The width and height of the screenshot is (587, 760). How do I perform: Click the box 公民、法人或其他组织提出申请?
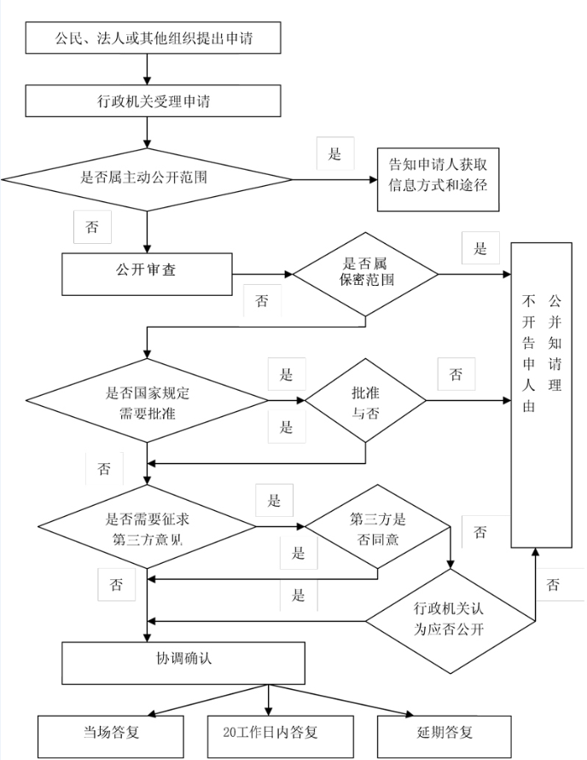[154, 38]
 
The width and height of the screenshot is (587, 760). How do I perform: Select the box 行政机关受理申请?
[154, 101]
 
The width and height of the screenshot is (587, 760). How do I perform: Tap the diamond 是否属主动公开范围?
[147, 179]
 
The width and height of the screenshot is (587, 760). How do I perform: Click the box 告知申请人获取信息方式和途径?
[439, 179]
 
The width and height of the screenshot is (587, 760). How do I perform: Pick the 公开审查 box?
[147, 274]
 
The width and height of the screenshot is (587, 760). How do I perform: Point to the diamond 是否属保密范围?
[365, 274]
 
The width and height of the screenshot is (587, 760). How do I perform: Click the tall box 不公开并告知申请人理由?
[542, 395]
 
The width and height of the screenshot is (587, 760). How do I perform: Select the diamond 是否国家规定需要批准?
[147, 400]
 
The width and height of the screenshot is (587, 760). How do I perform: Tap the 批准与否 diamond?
[365, 400]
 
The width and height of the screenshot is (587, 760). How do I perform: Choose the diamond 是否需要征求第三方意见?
[147, 526]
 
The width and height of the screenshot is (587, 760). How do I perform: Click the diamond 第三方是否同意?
[378, 526]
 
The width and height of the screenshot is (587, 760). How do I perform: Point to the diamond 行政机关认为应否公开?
[450, 621]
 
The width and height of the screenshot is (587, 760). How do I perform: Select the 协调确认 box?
[183, 663]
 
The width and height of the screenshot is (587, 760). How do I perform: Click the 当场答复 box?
[111, 737]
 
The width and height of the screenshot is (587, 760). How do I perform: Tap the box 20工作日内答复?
[281, 737]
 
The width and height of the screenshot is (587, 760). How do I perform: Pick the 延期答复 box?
[445, 737]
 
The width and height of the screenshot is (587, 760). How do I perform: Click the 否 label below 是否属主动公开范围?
[92, 227]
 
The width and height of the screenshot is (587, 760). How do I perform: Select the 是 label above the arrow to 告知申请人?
[335, 154]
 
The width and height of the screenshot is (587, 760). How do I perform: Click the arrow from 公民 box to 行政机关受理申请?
[147, 69]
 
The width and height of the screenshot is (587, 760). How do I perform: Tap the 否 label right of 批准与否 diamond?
[456, 374]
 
